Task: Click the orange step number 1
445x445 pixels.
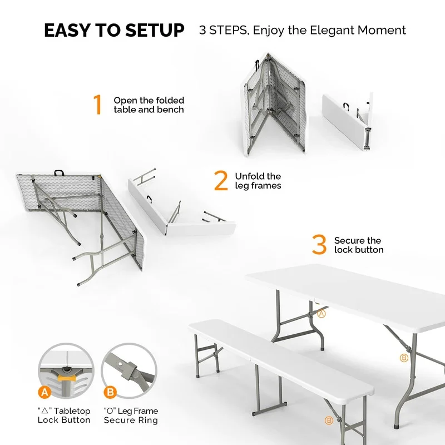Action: click(x=98, y=105)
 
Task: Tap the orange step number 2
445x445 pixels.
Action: click(x=221, y=181)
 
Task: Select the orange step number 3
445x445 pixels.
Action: click(x=319, y=245)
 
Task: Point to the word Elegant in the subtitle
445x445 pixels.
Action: click(x=322, y=30)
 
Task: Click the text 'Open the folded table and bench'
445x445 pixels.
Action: click(x=149, y=105)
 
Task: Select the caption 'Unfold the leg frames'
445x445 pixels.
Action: click(x=258, y=181)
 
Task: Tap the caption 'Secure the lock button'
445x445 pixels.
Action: click(x=359, y=245)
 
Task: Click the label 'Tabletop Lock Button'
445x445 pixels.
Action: click(x=63, y=416)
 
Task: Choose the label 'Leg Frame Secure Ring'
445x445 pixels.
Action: click(x=131, y=416)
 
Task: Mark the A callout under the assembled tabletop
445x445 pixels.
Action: click(x=321, y=314)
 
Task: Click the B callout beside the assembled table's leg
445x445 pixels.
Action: click(x=404, y=358)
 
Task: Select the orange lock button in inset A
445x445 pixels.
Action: click(x=66, y=378)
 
